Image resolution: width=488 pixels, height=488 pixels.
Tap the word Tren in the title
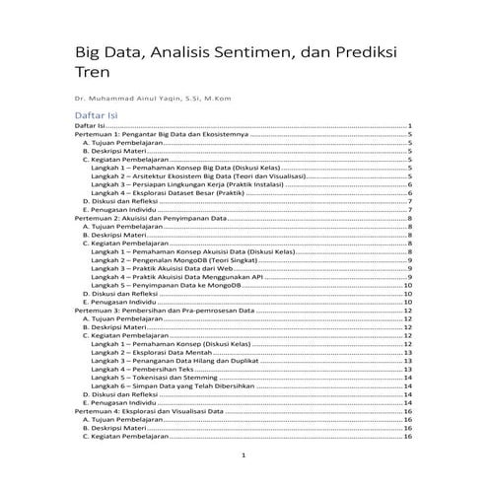[x=92, y=72]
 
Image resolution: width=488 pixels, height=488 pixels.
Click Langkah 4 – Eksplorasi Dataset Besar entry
[x=167, y=192]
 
